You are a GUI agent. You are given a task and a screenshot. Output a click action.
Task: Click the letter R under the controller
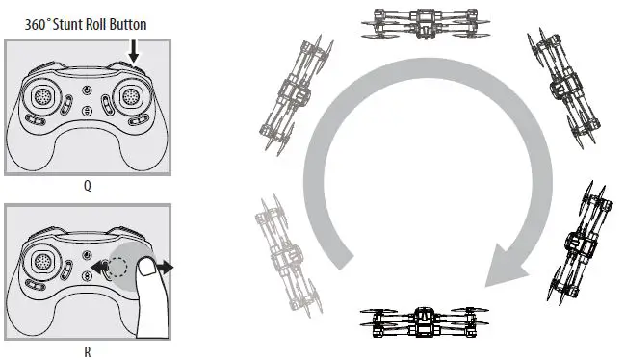pyautogui.click(x=88, y=352)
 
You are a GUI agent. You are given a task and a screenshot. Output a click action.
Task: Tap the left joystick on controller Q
pyautogui.click(x=44, y=97)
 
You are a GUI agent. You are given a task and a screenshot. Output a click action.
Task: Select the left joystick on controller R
pyautogui.click(x=44, y=261)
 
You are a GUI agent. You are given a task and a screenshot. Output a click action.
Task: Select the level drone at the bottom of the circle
pyautogui.click(x=421, y=322)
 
